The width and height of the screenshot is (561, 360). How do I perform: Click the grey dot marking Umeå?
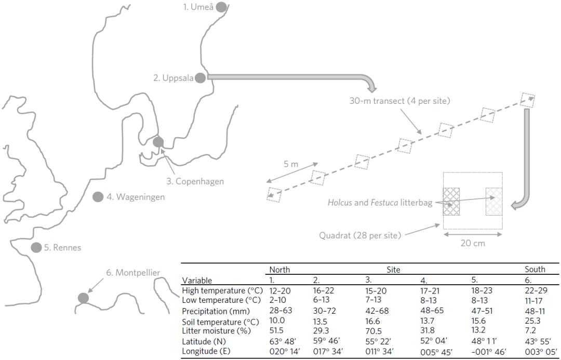point(222,7)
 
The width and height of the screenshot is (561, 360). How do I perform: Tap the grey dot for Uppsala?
point(201,78)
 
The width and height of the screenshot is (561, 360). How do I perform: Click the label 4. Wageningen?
point(136,197)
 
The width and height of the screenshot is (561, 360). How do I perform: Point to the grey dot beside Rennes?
point(36,247)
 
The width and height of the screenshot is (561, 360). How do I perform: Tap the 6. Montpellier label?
point(133,272)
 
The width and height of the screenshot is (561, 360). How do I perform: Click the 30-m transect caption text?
point(399,101)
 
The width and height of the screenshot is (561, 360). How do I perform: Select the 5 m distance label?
point(291,163)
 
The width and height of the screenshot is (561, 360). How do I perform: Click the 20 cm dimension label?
point(472,243)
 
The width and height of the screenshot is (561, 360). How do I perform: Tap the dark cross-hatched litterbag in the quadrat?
point(451,202)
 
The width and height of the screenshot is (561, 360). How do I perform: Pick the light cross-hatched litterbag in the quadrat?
point(494,202)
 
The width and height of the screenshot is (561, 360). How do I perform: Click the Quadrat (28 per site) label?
point(360,235)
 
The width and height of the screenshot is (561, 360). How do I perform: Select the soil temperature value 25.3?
point(532,320)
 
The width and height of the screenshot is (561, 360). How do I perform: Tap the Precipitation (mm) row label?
point(212,311)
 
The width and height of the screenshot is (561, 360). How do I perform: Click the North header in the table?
point(279,269)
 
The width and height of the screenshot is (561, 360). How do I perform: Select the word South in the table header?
point(535,269)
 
